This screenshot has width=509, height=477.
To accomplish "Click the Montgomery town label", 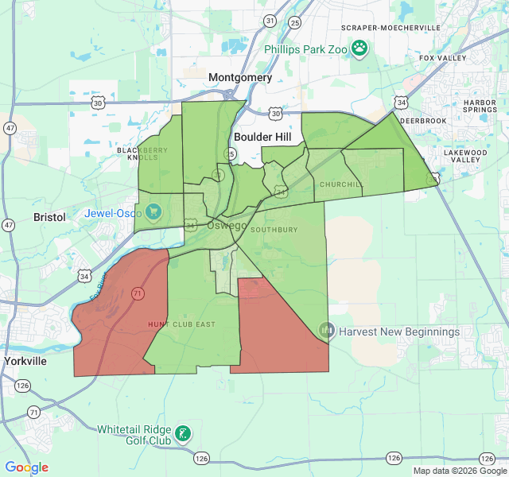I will click(x=239, y=77).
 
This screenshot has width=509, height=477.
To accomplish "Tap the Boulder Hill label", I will click(x=263, y=137).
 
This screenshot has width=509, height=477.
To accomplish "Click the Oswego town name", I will click(x=227, y=225).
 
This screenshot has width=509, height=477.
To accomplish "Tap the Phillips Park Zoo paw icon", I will click(x=360, y=48).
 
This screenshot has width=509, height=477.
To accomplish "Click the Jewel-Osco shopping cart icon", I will click(x=153, y=212).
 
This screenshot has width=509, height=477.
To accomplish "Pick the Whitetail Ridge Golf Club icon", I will click(x=183, y=433).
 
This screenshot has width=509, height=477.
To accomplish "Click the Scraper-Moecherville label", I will click(x=390, y=28).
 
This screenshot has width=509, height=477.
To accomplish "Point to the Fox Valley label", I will click(x=442, y=58).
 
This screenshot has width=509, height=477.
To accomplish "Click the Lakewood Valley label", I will click(x=465, y=156).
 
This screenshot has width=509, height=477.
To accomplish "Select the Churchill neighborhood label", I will click(x=341, y=184).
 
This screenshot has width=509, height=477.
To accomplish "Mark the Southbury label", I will click(x=274, y=230).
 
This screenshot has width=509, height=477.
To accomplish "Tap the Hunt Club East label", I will click(x=182, y=324).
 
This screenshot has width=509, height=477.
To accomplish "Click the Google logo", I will click(x=27, y=467).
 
